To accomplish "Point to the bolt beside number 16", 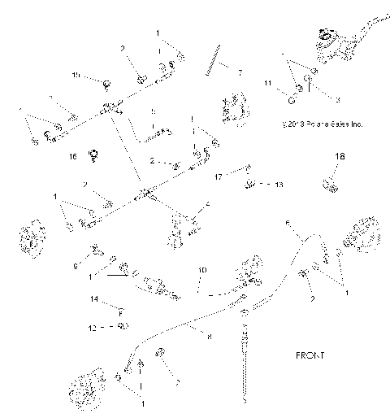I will click(93, 154).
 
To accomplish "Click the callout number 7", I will click(240, 72).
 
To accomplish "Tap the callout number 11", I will click(267, 84).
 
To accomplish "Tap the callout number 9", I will click(77, 265).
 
